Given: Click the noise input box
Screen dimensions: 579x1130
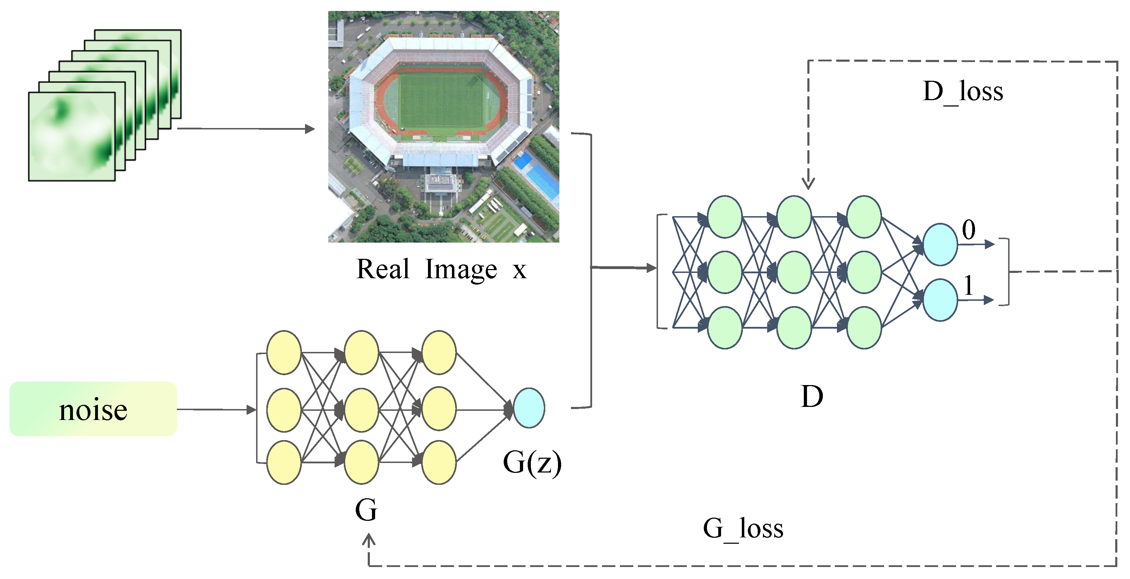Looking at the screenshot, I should pyautogui.click(x=93, y=409).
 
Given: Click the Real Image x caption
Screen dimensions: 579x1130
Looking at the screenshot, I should pyautogui.click(x=441, y=269).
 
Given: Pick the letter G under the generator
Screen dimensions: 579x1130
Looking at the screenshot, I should pyautogui.click(x=366, y=510).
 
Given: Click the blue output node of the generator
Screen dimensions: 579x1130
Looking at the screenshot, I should pyautogui.click(x=529, y=408).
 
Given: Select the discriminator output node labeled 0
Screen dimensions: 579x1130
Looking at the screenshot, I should pyautogui.click(x=940, y=244).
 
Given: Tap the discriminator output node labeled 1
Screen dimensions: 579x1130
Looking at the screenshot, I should pyautogui.click(x=940, y=300).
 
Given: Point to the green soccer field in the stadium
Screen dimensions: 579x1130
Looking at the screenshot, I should pyautogui.click(x=441, y=101).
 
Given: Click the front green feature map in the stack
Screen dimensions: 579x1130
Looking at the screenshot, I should pyautogui.click(x=72, y=136).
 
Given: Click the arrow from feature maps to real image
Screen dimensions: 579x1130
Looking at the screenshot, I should pyautogui.click(x=246, y=129).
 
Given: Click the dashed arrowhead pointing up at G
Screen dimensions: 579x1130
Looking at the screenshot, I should pyautogui.click(x=368, y=540).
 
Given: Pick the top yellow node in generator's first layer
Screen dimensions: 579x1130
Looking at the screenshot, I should pyautogui.click(x=284, y=353).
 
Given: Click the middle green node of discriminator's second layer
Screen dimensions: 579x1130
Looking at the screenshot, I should pyautogui.click(x=794, y=272).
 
